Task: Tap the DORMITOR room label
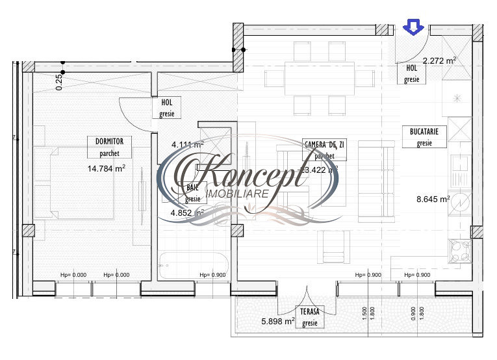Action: (x=104, y=140)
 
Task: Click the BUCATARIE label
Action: (x=424, y=131)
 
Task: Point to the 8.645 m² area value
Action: (x=432, y=199)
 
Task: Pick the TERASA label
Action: (x=309, y=311)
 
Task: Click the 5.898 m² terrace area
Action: (x=278, y=320)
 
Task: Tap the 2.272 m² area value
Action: (x=439, y=60)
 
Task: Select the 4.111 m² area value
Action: (x=187, y=144)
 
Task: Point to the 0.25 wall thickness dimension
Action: (x=59, y=81)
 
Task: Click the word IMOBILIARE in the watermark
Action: (x=232, y=194)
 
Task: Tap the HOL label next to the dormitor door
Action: (x=166, y=103)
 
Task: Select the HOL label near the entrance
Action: (x=411, y=68)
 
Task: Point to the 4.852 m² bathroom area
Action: (x=187, y=212)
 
